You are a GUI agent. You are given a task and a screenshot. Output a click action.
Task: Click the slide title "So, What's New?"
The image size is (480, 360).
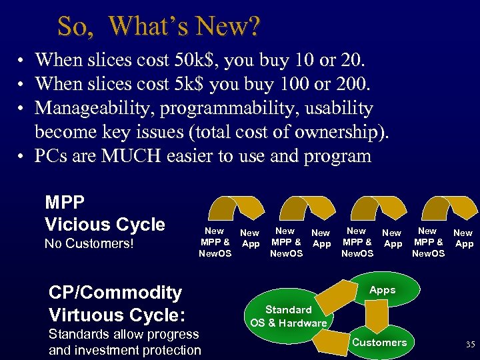(159, 27)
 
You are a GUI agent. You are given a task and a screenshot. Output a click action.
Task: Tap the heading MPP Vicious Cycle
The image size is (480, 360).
(105, 213)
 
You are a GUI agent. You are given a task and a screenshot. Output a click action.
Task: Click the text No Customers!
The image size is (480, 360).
(89, 244)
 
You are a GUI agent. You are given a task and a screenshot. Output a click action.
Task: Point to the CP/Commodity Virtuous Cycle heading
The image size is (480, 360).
(115, 303)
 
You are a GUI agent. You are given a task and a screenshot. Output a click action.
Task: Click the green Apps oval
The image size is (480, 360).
(382, 290)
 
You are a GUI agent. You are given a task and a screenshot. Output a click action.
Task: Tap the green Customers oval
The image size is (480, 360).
(379, 343)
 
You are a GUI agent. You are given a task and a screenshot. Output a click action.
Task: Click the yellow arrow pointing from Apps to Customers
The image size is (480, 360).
(379, 316)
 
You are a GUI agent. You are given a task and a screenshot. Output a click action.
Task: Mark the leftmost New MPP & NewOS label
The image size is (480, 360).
(215, 242)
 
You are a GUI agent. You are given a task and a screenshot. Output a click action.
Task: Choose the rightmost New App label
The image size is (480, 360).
(463, 238)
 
